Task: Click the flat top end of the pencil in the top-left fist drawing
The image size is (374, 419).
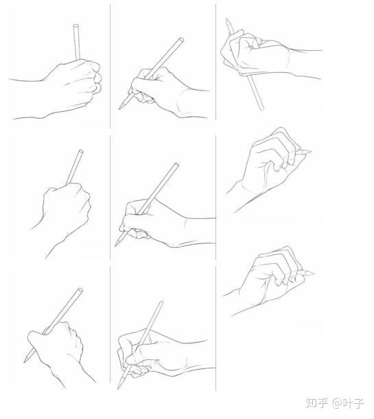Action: [76, 26]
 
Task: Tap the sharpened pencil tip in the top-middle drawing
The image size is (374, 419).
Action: [120, 108]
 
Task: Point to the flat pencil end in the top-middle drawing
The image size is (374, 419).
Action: [181, 40]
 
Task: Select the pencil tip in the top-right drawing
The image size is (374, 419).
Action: [227, 20]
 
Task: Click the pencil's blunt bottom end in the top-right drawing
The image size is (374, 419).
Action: [261, 109]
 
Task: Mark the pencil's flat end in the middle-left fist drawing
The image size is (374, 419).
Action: [80, 151]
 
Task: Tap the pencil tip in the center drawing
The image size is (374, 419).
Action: [116, 245]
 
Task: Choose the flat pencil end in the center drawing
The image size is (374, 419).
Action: [176, 165]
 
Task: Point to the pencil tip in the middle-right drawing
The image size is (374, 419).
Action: [309, 152]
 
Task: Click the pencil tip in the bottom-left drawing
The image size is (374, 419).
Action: [25, 361]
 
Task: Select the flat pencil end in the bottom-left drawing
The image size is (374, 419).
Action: [80, 290]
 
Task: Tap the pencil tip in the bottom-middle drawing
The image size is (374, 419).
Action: [118, 387]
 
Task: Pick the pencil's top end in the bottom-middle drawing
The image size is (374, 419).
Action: [161, 303]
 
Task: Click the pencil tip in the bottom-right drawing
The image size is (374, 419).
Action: [312, 273]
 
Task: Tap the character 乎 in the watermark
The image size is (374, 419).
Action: [323, 403]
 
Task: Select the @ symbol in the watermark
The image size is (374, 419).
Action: [337, 403]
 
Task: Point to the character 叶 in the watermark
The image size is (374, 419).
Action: [347, 403]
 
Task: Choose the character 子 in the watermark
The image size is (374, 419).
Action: [358, 403]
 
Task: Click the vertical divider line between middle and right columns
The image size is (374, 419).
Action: [215, 197]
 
